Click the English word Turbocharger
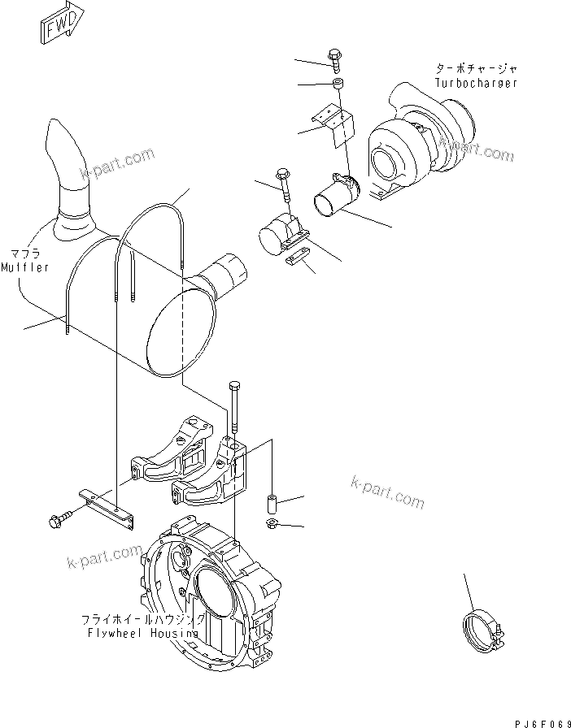coord(476,83)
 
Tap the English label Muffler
coord(24,266)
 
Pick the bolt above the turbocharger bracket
coord(336,58)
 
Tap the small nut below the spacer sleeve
coord(273,524)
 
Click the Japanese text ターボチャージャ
coord(476,70)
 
